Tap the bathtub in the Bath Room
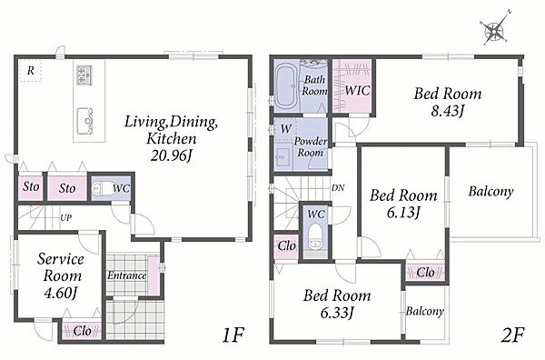click(286, 85)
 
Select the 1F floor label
click(233, 335)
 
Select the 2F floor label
click(512, 335)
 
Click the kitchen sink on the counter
click(84, 120)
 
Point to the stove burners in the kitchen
click(84, 75)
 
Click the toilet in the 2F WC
click(315, 236)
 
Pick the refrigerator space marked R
click(30, 71)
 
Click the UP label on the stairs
click(66, 218)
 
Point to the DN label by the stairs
click(338, 188)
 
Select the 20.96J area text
click(171, 155)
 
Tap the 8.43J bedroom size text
click(448, 111)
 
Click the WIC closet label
click(357, 91)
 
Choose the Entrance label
click(126, 275)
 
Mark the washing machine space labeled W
click(286, 129)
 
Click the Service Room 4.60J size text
click(60, 293)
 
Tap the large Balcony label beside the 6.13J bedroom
click(490, 192)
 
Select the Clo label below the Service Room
click(82, 331)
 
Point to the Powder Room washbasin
click(282, 157)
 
